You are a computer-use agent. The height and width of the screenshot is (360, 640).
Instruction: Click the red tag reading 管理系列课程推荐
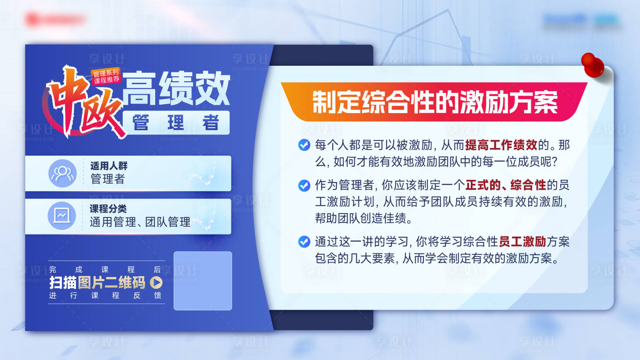[106, 76]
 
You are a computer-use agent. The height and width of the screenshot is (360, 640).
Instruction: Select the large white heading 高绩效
[176, 89]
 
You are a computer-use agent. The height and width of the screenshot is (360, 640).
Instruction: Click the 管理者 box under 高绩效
[176, 123]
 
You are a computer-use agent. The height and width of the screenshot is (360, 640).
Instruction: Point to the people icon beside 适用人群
[62, 174]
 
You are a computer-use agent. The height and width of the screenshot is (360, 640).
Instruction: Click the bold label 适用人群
[109, 166]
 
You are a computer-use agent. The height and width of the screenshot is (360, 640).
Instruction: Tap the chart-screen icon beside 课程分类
[61, 216]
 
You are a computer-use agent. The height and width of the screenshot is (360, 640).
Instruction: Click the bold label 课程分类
[108, 209]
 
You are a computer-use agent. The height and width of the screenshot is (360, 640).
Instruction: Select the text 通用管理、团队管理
[140, 222]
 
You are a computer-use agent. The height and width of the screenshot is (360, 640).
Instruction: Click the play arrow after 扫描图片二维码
[156, 282]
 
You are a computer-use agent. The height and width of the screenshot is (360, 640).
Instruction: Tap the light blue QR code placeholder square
[203, 281]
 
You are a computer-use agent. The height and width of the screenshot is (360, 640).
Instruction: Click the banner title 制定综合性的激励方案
[434, 102]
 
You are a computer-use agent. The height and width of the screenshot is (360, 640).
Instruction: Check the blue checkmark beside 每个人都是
[304, 145]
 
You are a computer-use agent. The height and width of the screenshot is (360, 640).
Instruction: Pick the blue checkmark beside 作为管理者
[304, 185]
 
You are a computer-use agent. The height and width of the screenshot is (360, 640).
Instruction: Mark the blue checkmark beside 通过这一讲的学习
[304, 242]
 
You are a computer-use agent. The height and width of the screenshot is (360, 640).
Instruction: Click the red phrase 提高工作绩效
[501, 145]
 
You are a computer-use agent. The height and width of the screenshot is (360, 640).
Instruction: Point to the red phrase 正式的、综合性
[505, 185]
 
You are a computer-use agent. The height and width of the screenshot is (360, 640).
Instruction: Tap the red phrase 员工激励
[522, 242]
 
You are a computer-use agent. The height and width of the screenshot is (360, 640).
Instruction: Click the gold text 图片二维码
[111, 283]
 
